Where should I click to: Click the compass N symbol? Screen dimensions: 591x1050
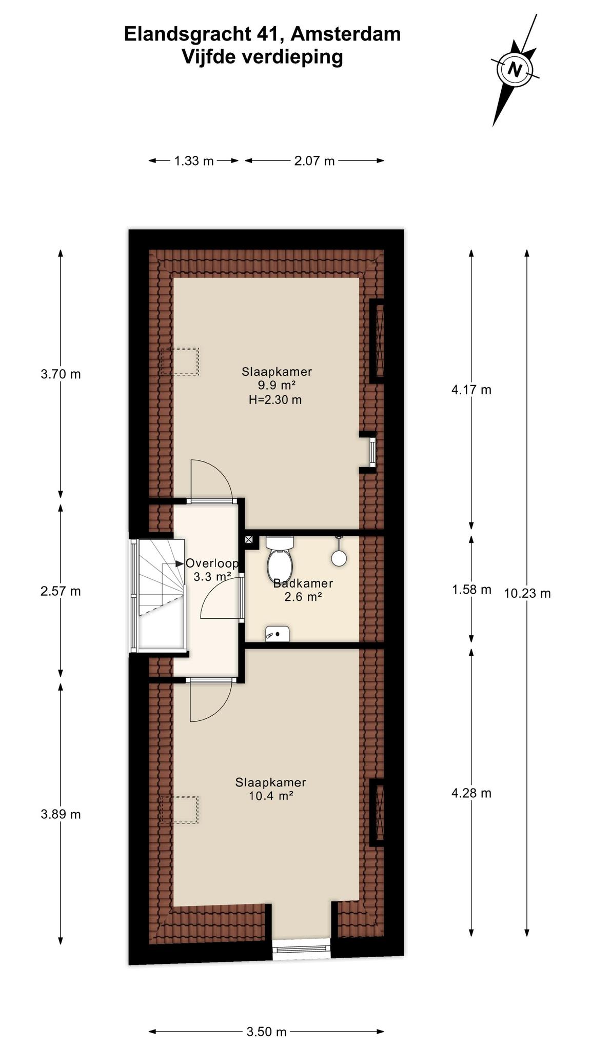tap(515, 69)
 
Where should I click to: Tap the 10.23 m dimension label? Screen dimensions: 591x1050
tap(527, 593)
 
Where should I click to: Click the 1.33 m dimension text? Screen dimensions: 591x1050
tap(194, 161)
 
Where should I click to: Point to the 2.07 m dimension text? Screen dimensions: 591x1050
tap(314, 161)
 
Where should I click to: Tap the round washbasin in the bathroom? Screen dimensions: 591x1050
tap(338, 558)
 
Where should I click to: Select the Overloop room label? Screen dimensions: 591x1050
tap(212, 563)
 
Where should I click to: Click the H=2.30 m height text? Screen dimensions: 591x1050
tap(275, 399)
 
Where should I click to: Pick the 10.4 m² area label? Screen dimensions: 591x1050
tap(271, 796)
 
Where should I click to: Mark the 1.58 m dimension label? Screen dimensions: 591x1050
tap(471, 590)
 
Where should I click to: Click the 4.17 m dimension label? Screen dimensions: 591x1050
tap(471, 390)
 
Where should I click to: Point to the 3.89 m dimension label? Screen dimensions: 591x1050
tap(61, 814)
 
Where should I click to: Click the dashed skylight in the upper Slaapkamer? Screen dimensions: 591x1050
tap(179, 361)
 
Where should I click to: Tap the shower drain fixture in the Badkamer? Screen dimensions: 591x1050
tap(277, 634)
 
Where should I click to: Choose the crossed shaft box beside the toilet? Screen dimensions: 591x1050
tap(249, 539)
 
